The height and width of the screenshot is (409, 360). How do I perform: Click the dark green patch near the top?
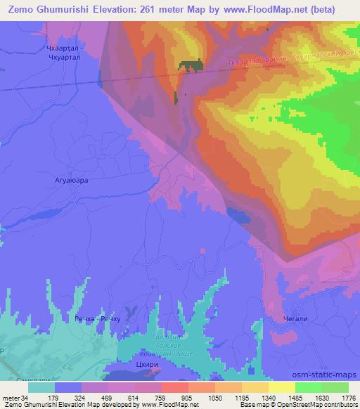point(191,65)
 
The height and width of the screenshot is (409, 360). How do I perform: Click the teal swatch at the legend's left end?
point(41,387)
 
